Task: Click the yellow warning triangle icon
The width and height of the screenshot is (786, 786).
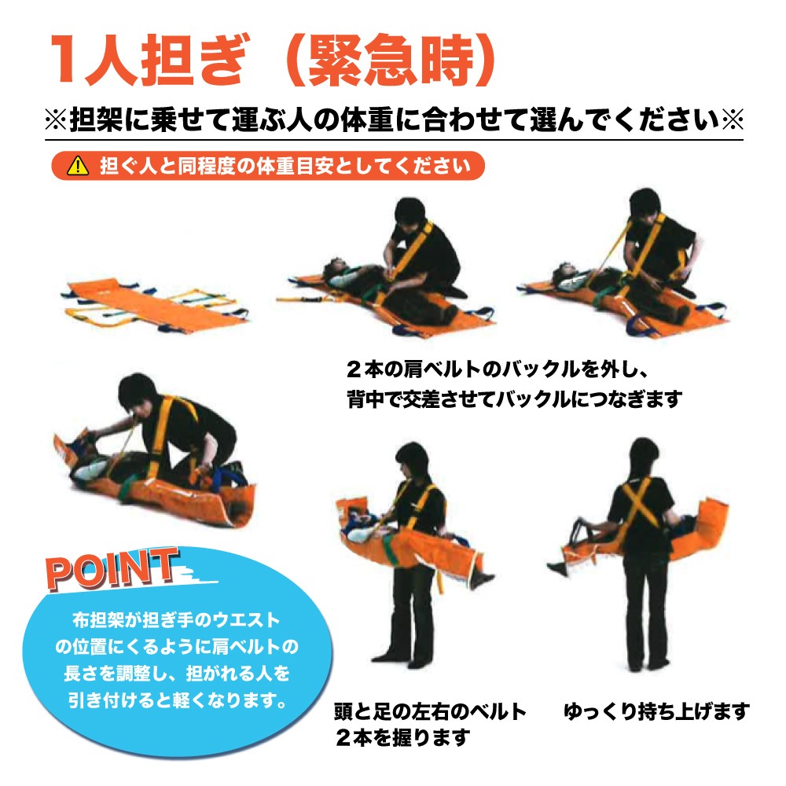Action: (78, 165)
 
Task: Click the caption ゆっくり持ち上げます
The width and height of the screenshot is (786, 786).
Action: (656, 711)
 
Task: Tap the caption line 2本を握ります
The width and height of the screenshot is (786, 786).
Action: (403, 737)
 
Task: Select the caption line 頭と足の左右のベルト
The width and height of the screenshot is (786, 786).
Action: (430, 711)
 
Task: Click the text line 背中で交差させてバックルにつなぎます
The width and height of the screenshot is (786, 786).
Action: (514, 399)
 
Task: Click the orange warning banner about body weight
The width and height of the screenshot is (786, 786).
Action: (268, 165)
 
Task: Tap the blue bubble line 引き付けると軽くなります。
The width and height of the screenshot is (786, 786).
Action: (178, 700)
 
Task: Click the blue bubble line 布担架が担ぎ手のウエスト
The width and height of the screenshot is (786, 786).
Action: (176, 620)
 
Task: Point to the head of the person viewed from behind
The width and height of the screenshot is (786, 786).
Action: (644, 457)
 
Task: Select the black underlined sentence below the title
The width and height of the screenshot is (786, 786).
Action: (394, 119)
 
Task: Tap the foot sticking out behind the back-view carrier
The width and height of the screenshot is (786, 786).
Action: (557, 568)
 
